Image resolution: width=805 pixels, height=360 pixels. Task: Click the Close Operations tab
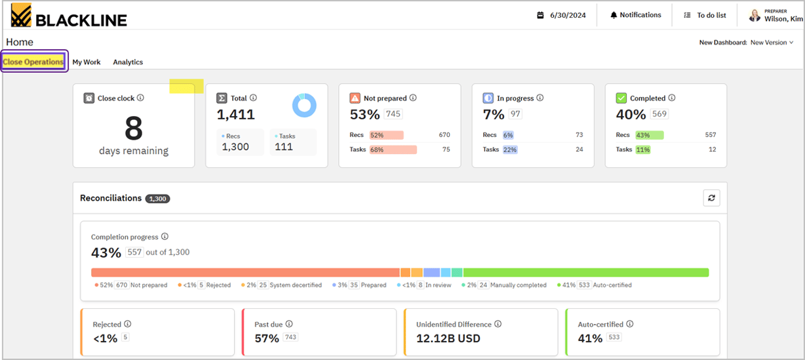click(x=33, y=62)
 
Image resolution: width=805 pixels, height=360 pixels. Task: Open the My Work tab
click(x=87, y=62)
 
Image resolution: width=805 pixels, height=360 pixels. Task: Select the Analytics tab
click(x=128, y=62)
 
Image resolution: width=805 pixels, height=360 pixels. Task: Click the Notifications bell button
click(x=635, y=15)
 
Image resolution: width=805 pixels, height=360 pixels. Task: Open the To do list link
click(x=706, y=15)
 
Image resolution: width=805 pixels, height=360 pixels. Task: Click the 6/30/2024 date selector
click(x=561, y=15)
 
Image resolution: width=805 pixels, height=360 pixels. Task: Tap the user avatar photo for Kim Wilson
click(x=755, y=15)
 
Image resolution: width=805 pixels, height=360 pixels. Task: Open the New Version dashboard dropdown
click(x=772, y=43)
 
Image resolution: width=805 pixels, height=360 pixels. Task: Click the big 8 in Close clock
click(x=134, y=129)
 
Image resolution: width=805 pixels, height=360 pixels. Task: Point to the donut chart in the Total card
click(x=304, y=105)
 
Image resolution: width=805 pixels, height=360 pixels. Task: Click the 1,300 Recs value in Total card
click(x=235, y=147)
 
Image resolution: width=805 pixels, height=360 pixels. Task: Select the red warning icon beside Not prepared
click(x=355, y=98)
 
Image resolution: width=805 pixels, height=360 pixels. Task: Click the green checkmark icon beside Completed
click(x=621, y=98)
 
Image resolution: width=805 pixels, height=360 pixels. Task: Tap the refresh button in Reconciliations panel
click(x=711, y=198)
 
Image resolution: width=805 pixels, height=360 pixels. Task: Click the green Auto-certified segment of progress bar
click(x=585, y=272)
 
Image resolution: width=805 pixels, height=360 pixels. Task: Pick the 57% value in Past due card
click(x=267, y=338)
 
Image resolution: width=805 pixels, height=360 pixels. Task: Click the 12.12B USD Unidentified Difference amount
click(x=448, y=338)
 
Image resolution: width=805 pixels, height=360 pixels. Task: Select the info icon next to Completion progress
click(x=165, y=237)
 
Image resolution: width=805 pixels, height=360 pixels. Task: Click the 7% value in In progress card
click(x=493, y=115)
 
